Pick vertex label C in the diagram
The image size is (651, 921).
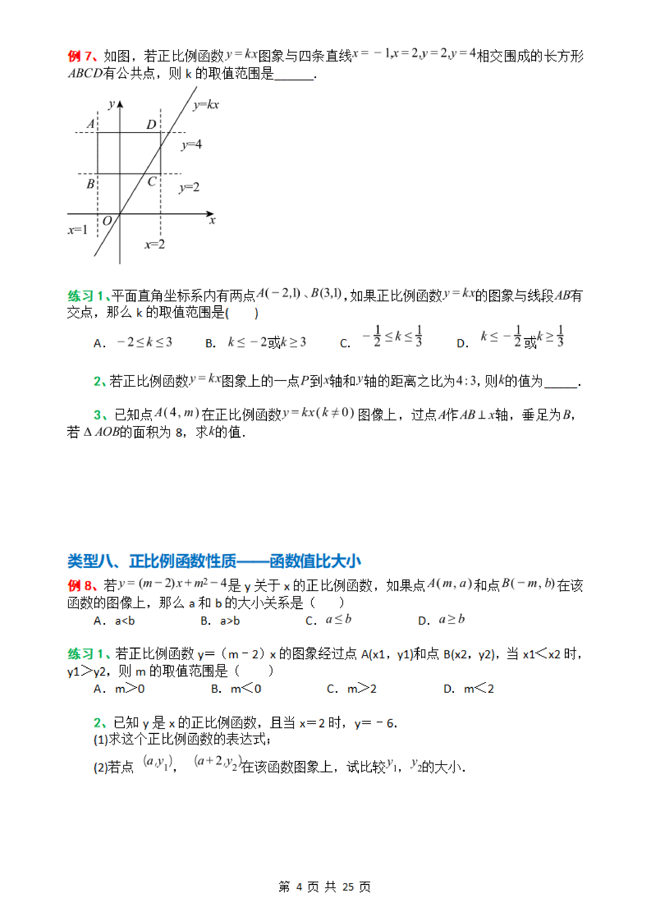[x=152, y=182]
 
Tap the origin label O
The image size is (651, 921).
[x=107, y=221]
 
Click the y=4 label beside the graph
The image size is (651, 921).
[x=191, y=144]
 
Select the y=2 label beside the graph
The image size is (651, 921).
[x=189, y=187]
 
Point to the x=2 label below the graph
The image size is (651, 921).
[x=155, y=244]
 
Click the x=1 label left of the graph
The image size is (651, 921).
[x=77, y=230]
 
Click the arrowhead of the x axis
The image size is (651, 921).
[x=210, y=214]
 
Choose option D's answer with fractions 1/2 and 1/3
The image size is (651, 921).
[x=521, y=337]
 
